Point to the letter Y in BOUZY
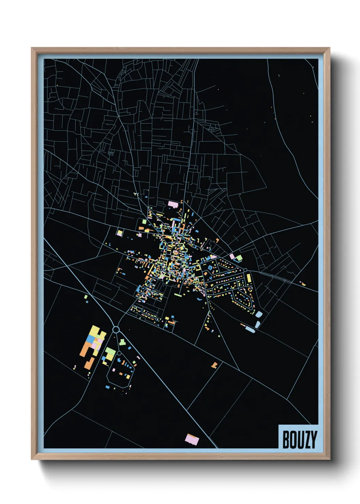pos(313,440)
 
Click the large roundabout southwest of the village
pos(116,329)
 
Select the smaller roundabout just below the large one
pos(119,353)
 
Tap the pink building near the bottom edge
pos(192,439)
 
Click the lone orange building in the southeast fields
pos(214,365)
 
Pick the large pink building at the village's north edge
pos(173,204)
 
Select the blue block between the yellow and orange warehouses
pos(90,338)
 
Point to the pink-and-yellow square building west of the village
pos(119,233)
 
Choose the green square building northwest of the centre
pos(144,222)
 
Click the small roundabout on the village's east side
pos(245,270)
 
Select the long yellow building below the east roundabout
pos(249,278)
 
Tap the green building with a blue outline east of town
pos(239,257)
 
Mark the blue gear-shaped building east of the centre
pos(210,268)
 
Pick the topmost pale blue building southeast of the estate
pos(259,314)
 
